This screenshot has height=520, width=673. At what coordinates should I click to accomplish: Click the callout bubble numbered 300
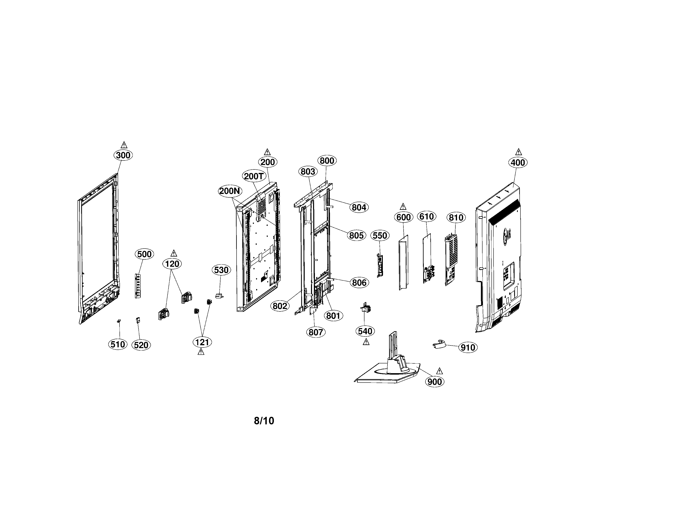pyautogui.click(x=123, y=155)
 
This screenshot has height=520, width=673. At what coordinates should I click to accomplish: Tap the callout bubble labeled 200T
pyautogui.click(x=254, y=176)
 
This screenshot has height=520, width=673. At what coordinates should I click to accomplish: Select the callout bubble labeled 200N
pyautogui.click(x=230, y=191)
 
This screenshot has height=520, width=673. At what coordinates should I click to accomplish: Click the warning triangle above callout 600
pyautogui.click(x=403, y=207)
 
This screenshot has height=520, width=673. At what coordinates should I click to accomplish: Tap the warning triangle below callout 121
pyautogui.click(x=201, y=352)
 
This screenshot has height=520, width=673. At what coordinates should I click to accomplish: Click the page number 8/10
pyautogui.click(x=264, y=421)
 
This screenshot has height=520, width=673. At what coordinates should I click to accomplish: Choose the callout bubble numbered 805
pyautogui.click(x=356, y=235)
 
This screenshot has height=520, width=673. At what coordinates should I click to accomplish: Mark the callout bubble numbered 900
pyautogui.click(x=435, y=382)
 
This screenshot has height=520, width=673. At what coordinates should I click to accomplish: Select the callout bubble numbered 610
pyautogui.click(x=427, y=217)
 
